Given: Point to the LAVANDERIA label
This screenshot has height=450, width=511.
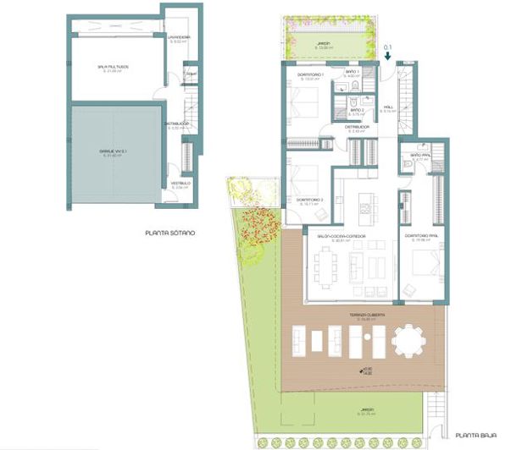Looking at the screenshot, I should (x=178, y=38).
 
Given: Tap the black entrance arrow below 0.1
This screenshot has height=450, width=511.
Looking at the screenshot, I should (x=387, y=56).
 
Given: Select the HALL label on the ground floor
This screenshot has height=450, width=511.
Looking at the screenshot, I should (x=389, y=107).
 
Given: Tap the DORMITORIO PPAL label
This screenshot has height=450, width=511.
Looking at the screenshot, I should (x=420, y=236).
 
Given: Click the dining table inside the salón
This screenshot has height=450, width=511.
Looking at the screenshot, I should (x=324, y=268).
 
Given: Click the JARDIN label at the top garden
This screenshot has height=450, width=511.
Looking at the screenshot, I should (x=322, y=43).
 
